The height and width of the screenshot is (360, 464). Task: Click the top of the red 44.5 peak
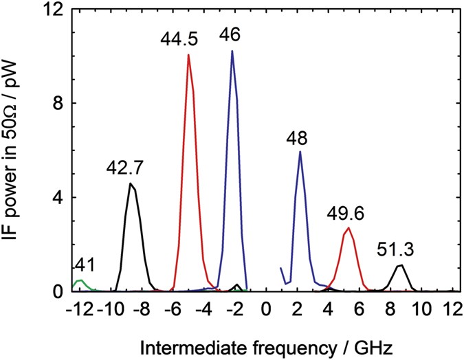(x=188, y=56)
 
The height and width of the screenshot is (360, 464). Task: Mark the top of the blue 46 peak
(x=232, y=51)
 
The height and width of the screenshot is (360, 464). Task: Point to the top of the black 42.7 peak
(x=131, y=183)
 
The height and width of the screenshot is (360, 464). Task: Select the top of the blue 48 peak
(x=300, y=152)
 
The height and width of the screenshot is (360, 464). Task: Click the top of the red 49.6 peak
(x=349, y=228)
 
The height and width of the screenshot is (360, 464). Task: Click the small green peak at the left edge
(x=80, y=280)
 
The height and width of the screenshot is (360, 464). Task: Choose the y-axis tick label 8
(x=58, y=104)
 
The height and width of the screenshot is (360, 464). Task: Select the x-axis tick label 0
(x=265, y=308)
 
